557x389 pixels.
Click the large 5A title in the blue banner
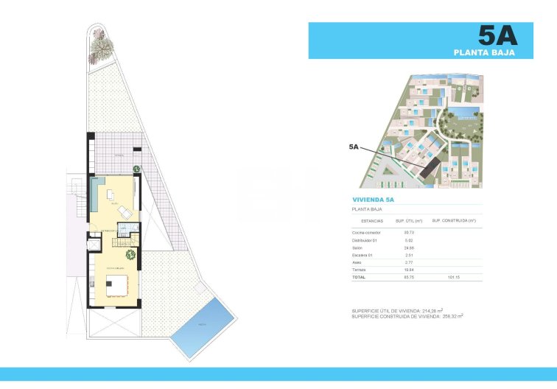click(497, 35)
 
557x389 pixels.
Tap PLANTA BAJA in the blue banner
click(483, 52)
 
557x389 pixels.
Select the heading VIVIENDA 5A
click(374, 200)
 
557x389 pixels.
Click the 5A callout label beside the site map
click(354, 147)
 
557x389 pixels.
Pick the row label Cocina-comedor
click(367, 233)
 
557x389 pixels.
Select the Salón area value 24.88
click(409, 248)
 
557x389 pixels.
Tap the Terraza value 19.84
click(409, 270)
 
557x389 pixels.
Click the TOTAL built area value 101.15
click(453, 278)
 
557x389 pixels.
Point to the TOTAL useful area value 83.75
click(409, 278)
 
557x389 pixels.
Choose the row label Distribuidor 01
click(365, 241)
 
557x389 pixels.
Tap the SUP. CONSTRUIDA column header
click(453, 220)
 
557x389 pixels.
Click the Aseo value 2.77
click(409, 263)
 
